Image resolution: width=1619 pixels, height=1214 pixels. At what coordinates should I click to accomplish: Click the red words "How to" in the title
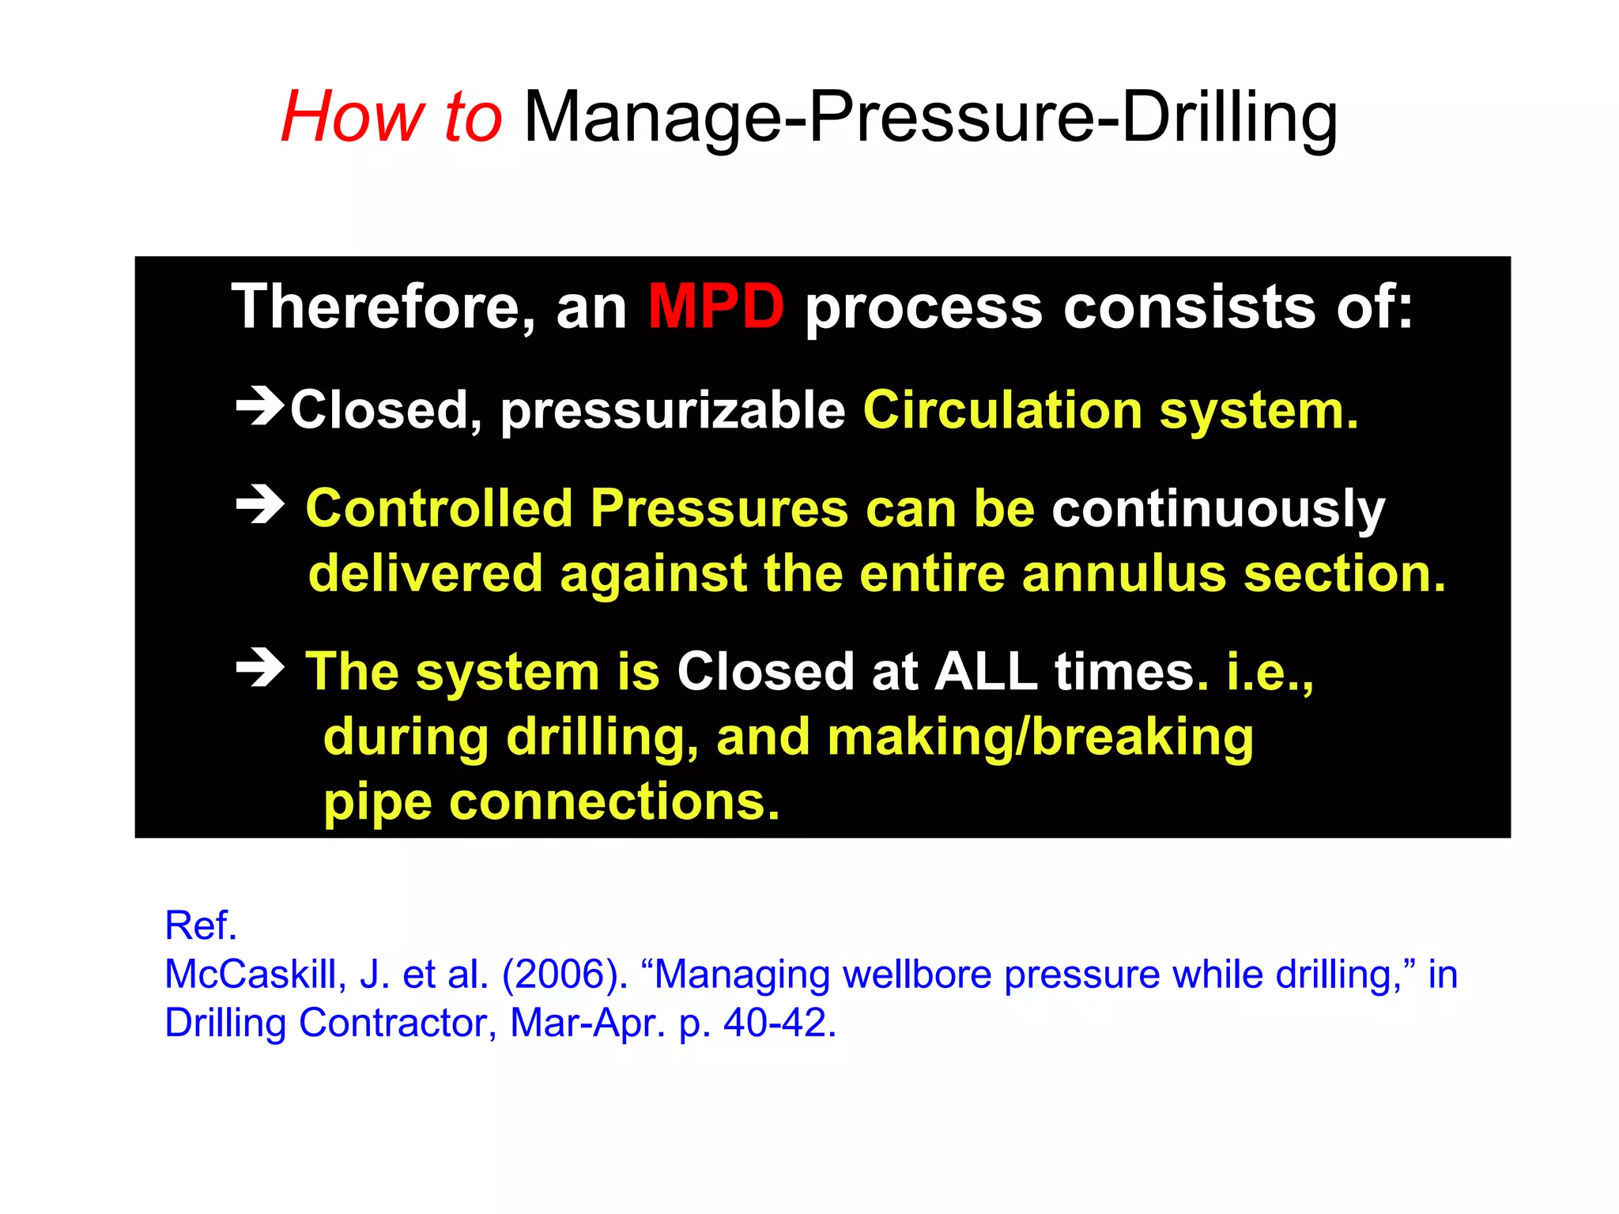click(x=391, y=117)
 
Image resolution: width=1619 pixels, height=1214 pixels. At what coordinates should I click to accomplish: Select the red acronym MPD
click(x=715, y=307)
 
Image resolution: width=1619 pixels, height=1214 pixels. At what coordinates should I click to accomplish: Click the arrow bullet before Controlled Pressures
click(x=260, y=505)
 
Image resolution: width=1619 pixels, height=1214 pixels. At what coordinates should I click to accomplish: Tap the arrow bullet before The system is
click(x=260, y=668)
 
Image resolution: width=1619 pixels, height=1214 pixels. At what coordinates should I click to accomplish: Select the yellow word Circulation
click(x=1002, y=411)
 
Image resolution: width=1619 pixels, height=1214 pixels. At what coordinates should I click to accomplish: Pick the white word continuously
click(x=1218, y=510)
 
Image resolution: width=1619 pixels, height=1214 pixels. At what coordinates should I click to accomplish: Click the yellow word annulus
click(x=1123, y=574)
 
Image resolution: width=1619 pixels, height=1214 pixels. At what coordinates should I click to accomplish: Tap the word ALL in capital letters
click(x=985, y=672)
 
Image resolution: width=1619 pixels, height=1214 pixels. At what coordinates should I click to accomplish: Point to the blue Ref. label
click(x=201, y=926)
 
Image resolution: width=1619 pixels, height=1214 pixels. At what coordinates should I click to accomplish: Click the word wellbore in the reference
click(x=917, y=975)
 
